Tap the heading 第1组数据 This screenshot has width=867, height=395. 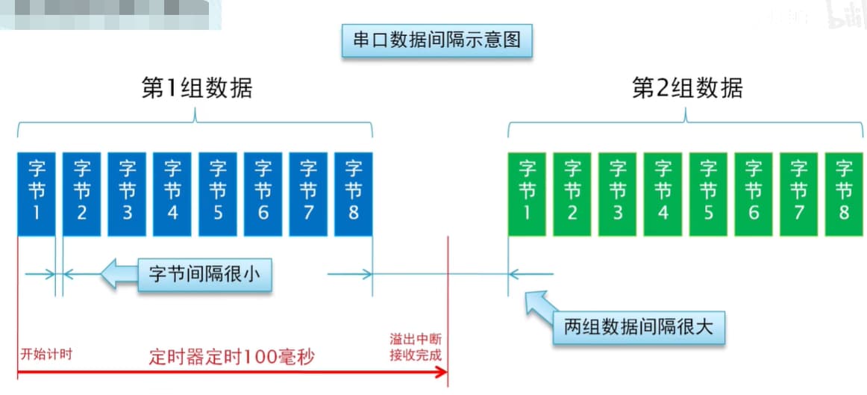coord(197,88)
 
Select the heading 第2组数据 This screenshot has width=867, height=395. coord(687,88)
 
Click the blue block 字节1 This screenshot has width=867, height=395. coord(37,193)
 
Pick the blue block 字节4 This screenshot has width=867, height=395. coord(172,193)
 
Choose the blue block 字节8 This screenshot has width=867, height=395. coord(354,193)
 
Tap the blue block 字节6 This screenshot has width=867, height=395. coord(263,193)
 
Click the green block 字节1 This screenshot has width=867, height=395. coord(527,193)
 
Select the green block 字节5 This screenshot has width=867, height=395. coord(708,193)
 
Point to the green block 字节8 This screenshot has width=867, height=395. coord(844,193)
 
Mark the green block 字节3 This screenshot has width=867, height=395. coord(618,193)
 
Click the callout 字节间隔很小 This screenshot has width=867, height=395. coord(204,275)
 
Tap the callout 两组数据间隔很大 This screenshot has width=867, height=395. coord(638,326)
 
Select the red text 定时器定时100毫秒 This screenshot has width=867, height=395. coord(230,356)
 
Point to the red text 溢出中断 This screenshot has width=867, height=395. coord(416,338)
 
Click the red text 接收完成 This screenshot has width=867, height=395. coord(416,354)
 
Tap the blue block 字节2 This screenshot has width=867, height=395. coord(81,193)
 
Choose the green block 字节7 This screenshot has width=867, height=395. coord(798,193)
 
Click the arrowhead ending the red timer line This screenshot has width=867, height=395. coord(443,371)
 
